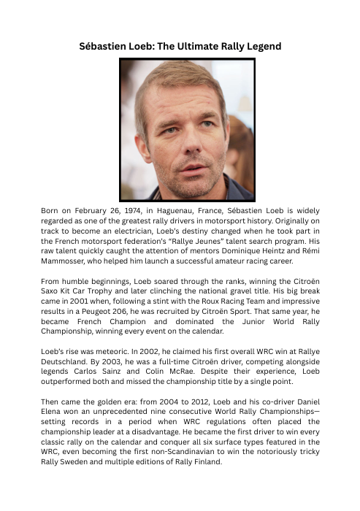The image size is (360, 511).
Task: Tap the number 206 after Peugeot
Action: tap(137, 318)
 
